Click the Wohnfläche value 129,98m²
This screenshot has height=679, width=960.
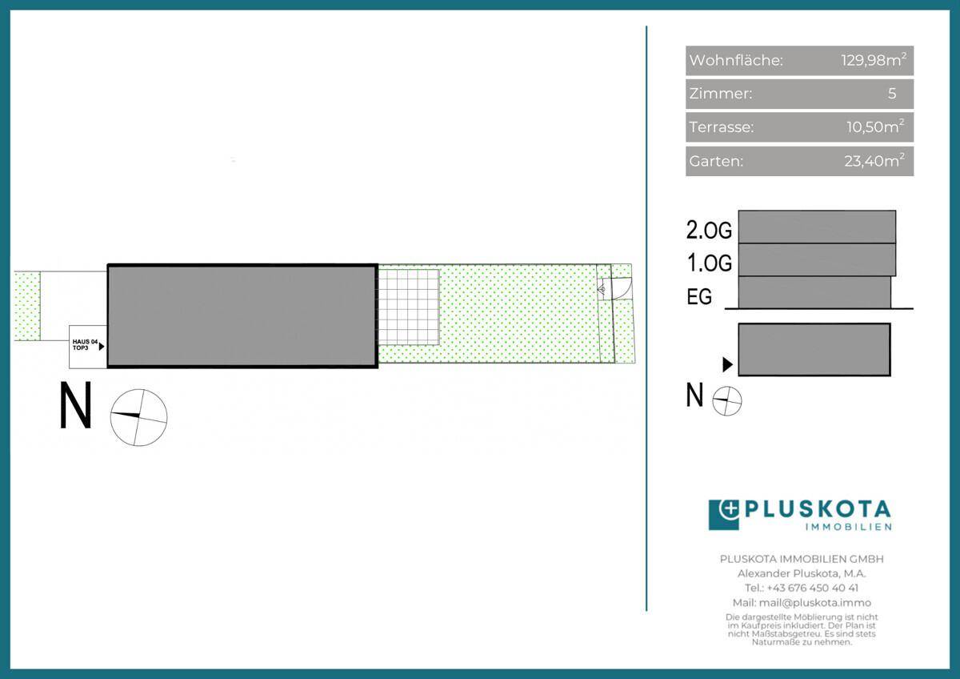click(874, 59)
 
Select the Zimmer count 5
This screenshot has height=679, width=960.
click(892, 93)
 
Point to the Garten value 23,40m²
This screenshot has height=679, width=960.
click(874, 160)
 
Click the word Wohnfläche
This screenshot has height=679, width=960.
click(736, 60)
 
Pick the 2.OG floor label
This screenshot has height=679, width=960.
click(709, 230)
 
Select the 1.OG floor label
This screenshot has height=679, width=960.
click(710, 263)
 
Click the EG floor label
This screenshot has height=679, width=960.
click(699, 296)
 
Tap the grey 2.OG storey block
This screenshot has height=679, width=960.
click(817, 227)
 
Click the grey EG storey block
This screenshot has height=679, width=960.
click(814, 292)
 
